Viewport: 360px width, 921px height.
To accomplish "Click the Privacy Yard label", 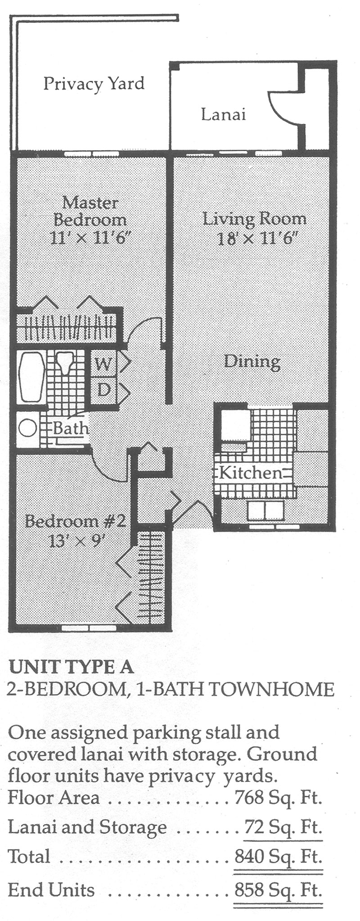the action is click(x=94, y=84).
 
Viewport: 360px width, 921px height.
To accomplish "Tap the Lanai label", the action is click(x=224, y=114).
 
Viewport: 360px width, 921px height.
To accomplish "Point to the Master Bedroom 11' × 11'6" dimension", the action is click(x=90, y=237).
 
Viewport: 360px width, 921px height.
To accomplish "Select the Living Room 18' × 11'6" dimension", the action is click(x=255, y=238).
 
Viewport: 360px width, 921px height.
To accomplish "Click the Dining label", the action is click(x=252, y=361).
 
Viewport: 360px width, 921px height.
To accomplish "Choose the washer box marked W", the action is click(x=103, y=363).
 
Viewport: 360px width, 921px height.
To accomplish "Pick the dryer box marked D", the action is click(x=103, y=388).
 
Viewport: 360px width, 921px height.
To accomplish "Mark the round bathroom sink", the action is click(x=27, y=427).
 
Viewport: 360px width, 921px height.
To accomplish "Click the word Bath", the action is click(x=71, y=428).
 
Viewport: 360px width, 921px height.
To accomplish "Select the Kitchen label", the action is click(x=251, y=473).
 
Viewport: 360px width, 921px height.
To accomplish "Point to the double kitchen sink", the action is click(x=265, y=510).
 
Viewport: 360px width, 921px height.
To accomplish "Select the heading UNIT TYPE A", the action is click(x=71, y=667).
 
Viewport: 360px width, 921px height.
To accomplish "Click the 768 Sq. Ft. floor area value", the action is click(x=279, y=798).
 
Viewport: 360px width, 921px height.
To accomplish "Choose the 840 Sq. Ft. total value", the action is click(x=279, y=856).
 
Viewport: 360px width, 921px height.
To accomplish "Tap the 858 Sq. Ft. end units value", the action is click(x=279, y=890).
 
